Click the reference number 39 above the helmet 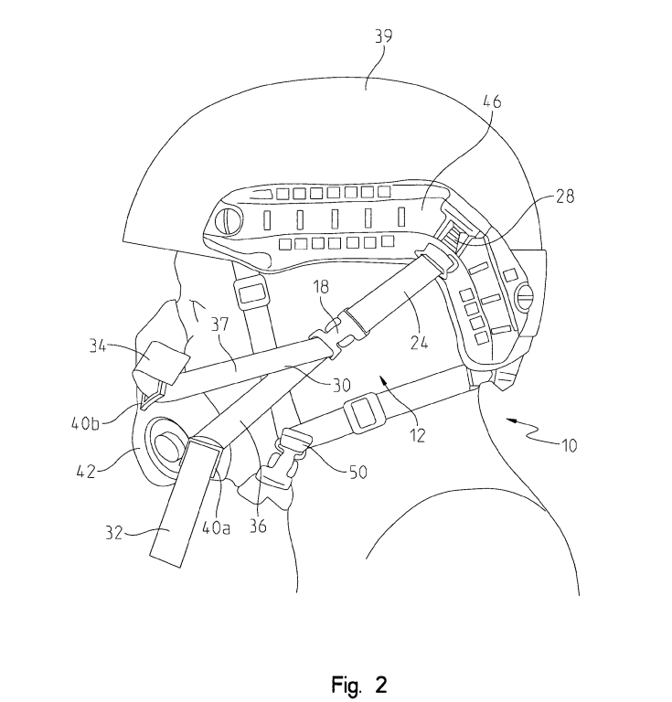[x=384, y=36]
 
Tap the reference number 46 [x=492, y=101]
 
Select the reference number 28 [x=565, y=197]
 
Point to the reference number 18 [x=321, y=287]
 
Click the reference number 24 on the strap [x=419, y=343]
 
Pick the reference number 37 [x=219, y=324]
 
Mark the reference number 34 [x=98, y=346]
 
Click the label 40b [x=86, y=423]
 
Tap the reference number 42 [x=86, y=471]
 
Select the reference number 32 [x=114, y=532]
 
